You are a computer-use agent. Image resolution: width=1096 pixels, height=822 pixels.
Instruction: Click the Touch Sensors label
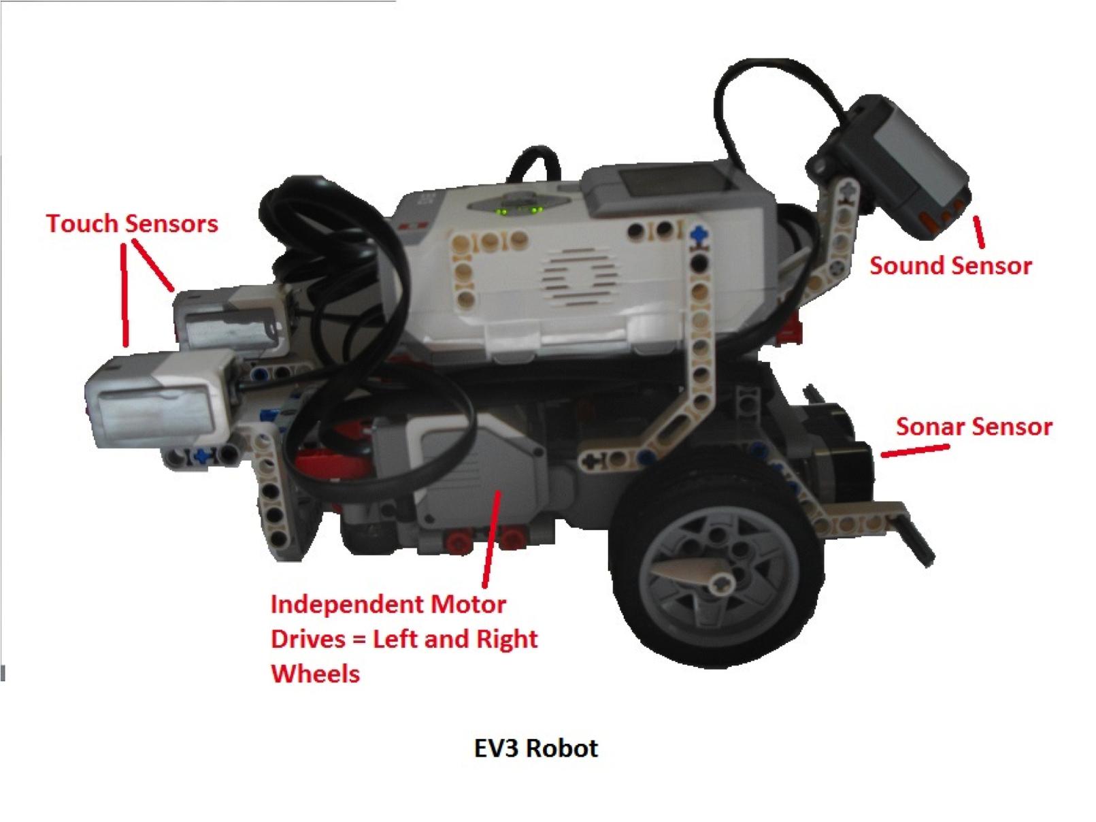132,223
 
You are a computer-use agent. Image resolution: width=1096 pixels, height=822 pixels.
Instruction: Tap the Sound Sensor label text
950,265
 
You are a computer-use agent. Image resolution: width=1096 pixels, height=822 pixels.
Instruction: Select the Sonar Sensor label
974,427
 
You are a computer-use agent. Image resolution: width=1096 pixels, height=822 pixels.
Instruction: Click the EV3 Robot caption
535,748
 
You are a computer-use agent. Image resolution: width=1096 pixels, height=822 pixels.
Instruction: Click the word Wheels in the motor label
315,673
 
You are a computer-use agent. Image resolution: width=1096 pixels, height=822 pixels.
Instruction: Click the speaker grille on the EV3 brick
579,276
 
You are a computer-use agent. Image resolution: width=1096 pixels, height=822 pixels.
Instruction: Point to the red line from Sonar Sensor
915,450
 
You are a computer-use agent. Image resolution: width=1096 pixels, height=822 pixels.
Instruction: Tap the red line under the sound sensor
979,231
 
